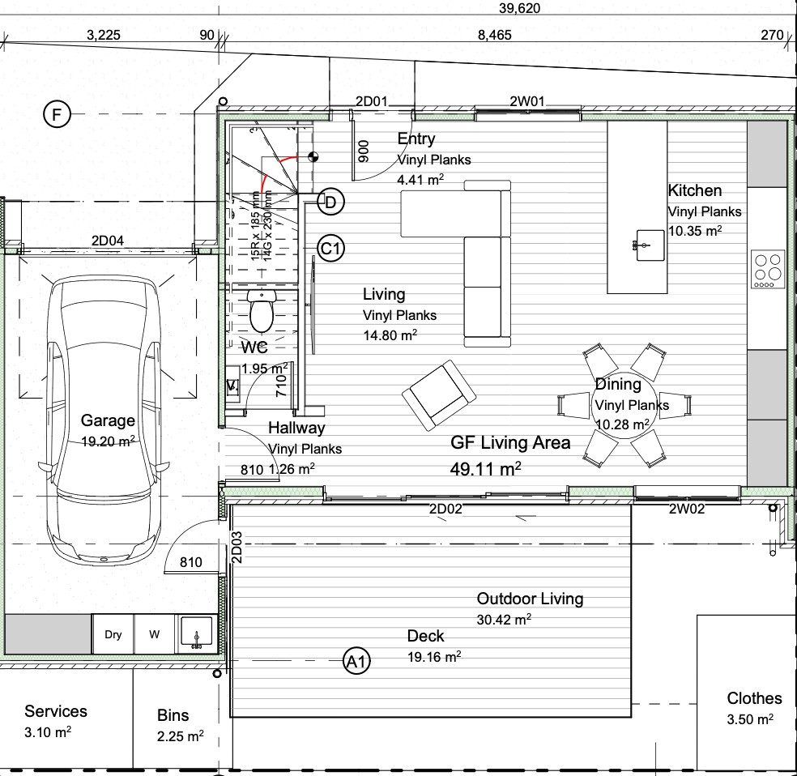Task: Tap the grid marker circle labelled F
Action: pyautogui.click(x=57, y=114)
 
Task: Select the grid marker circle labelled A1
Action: pyautogui.click(x=356, y=661)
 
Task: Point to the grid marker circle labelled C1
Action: pyautogui.click(x=331, y=249)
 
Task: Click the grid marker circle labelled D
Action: pyautogui.click(x=331, y=202)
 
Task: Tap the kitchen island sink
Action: pyautogui.click(x=650, y=245)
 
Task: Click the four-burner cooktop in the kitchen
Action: pyautogui.click(x=768, y=270)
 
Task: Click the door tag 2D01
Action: pyautogui.click(x=371, y=101)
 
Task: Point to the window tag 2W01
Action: pyautogui.click(x=527, y=101)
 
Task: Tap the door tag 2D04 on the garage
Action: pyautogui.click(x=107, y=241)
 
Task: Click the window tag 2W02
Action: pyautogui.click(x=687, y=509)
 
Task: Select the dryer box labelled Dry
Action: pyautogui.click(x=113, y=634)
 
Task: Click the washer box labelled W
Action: pyautogui.click(x=155, y=634)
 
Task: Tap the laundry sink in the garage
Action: pyautogui.click(x=197, y=633)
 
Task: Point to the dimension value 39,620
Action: pyautogui.click(x=519, y=8)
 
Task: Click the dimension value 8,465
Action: pyautogui.click(x=495, y=35)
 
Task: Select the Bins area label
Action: pyautogui.click(x=173, y=715)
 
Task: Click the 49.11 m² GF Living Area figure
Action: pyautogui.click(x=485, y=468)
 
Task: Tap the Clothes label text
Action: pyautogui.click(x=754, y=698)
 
